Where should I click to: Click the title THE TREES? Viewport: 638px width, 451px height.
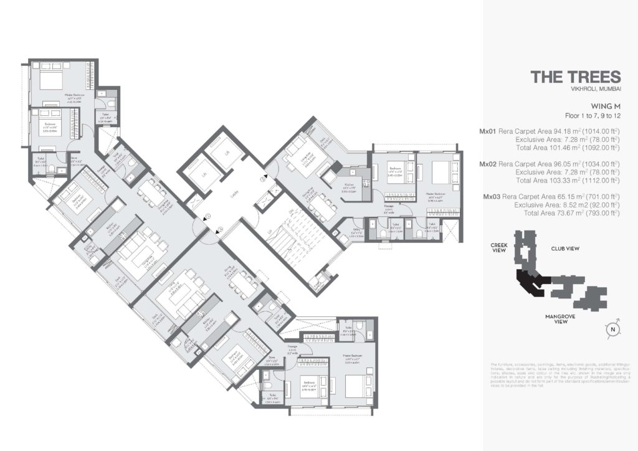click(575, 77)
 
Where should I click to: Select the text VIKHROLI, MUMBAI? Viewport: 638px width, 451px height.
click(596, 91)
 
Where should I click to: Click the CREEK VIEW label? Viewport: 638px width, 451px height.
click(500, 248)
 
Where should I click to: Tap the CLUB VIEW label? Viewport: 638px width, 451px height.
click(565, 249)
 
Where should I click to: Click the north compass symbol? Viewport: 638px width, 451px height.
click(613, 330)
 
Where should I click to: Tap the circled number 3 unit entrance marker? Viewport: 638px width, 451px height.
click(263, 180)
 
